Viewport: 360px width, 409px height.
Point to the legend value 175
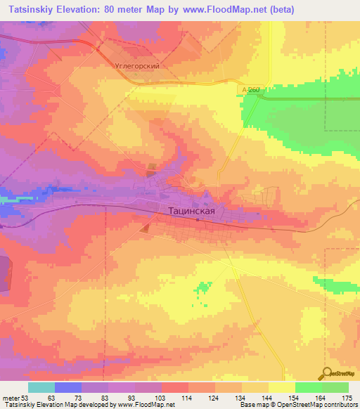[x=348, y=397]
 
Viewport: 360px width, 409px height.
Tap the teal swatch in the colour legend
[x=41, y=387]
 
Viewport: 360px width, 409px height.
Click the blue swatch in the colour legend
[x=68, y=387]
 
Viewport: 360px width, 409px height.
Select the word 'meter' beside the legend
[x=10, y=397]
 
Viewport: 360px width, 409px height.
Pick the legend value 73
[x=79, y=397]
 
